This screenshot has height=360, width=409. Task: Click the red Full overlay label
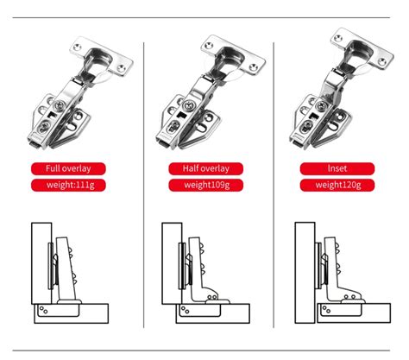point(68,168)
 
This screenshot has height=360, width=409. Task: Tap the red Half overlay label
point(206,168)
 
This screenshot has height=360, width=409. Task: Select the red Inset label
point(337,168)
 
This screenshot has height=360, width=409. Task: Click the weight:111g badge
point(68,185)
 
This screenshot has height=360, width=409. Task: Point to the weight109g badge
point(206,185)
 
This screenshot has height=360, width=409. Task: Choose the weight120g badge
point(337,185)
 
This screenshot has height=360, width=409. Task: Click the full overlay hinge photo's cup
point(98,60)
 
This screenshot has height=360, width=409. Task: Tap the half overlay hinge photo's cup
point(230,58)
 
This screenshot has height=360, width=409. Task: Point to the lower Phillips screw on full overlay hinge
point(45,126)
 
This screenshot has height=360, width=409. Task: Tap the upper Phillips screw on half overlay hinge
point(190,105)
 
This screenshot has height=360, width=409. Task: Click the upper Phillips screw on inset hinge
point(321,106)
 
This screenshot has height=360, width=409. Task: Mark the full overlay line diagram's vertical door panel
point(41,263)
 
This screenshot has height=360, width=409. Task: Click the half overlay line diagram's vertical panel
point(172,263)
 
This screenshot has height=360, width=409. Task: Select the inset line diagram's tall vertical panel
point(305,273)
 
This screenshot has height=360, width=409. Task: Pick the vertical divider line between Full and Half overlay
point(144,185)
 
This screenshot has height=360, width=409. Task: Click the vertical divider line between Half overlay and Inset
point(274,185)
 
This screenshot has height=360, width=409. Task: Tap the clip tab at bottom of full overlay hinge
point(34,143)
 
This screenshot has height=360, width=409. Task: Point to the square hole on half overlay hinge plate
point(181,116)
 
